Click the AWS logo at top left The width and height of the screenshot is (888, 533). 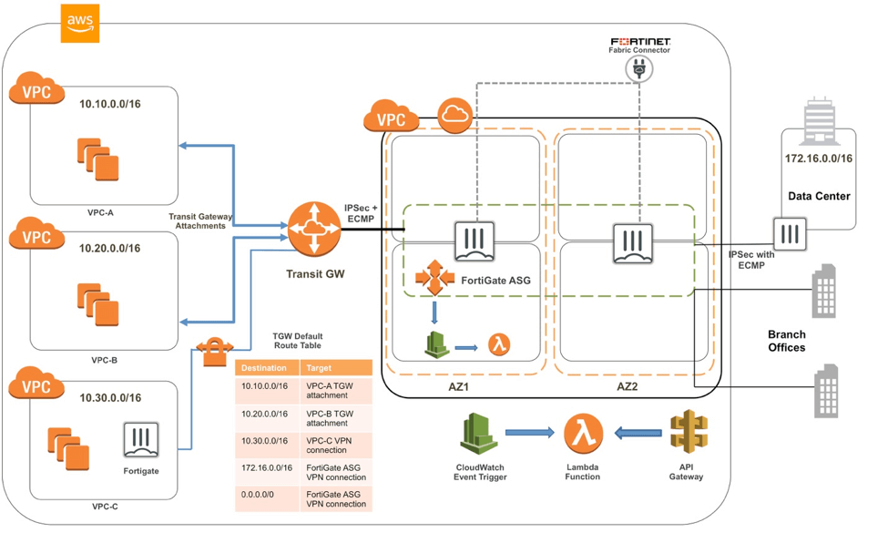click(x=80, y=23)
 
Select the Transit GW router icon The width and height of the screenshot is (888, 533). click(x=313, y=229)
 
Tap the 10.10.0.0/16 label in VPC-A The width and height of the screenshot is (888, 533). click(x=109, y=104)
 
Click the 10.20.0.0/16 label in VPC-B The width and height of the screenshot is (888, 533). click(x=109, y=248)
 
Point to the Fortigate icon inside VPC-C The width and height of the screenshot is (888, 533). click(x=141, y=442)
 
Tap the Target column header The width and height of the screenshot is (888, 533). click(x=319, y=368)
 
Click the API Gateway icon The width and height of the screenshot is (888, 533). click(x=688, y=434)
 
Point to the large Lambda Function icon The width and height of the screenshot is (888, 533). click(x=583, y=434)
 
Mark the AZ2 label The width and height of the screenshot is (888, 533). click(x=628, y=387)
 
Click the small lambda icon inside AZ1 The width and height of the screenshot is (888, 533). click(x=498, y=344)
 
